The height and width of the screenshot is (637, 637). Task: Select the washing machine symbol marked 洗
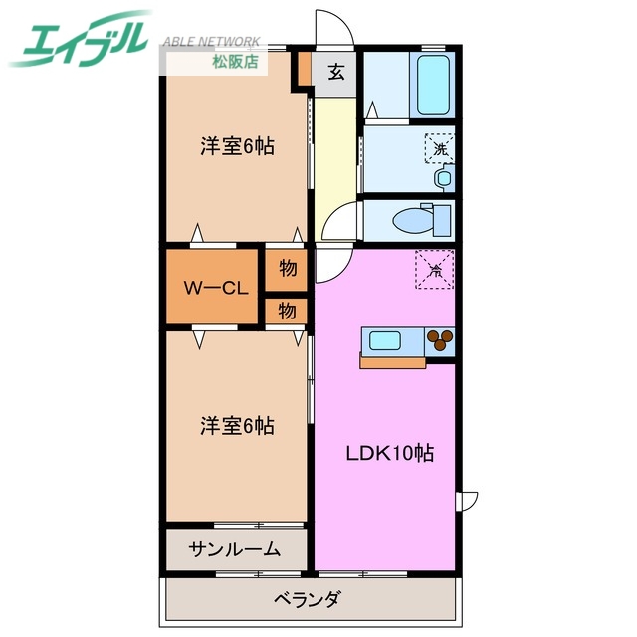[439, 148]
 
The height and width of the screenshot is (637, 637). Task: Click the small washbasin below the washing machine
[443, 179]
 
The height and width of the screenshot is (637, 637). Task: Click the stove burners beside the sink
[440, 341]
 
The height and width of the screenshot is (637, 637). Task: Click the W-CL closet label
[214, 288]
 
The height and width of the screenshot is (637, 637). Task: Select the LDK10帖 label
[389, 453]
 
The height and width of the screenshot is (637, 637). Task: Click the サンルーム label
[236, 549]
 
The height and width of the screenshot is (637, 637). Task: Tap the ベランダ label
[308, 599]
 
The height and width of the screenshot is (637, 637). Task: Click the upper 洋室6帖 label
[237, 146]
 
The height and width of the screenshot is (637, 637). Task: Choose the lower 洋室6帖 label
[237, 425]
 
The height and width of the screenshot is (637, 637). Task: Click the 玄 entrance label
[336, 72]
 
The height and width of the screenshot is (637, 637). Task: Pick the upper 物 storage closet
[287, 268]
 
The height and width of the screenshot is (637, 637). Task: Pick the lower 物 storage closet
[287, 311]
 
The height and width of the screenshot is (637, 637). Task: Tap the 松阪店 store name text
[235, 62]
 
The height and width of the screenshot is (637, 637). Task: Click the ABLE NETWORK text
[210, 42]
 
